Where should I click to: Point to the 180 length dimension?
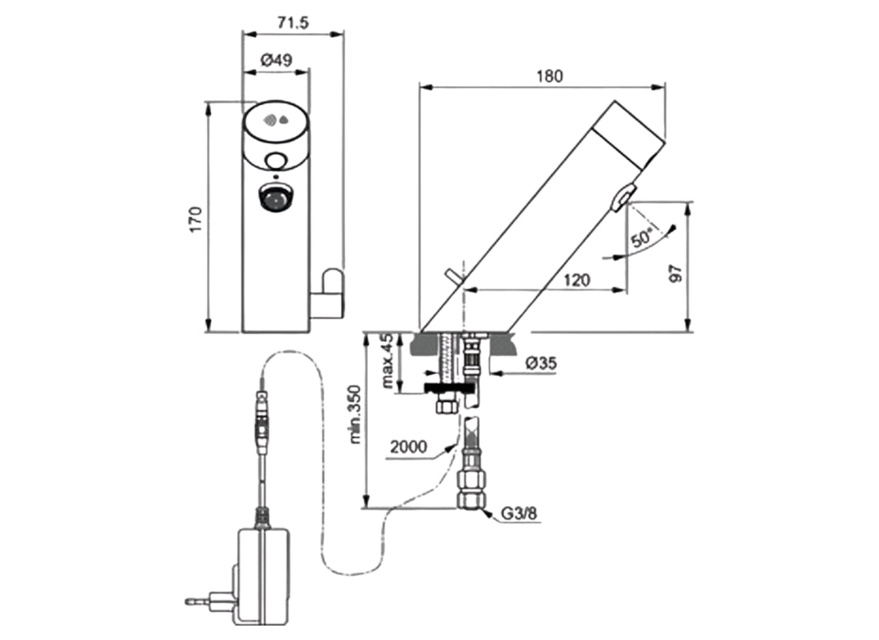click(x=550, y=76)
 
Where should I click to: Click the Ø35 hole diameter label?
click(x=541, y=364)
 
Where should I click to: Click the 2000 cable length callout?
click(x=406, y=446)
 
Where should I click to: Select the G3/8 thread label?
click(x=520, y=515)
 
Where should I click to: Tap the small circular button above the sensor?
click(x=276, y=161)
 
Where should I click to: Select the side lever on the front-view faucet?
click(x=330, y=291)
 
